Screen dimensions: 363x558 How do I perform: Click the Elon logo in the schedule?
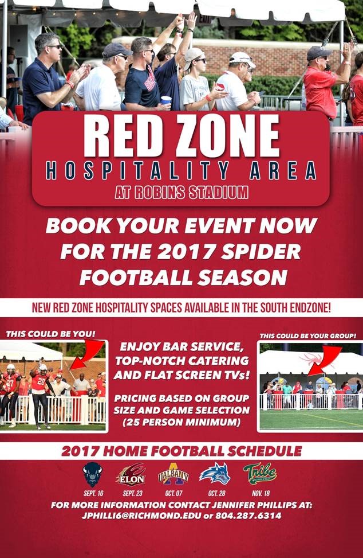[x=131, y=474]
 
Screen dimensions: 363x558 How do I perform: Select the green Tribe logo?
[x=260, y=473]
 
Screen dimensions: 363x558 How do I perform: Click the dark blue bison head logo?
[x=92, y=474]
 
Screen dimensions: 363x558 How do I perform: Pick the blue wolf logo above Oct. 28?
[x=215, y=473]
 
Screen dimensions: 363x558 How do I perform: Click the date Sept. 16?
[x=93, y=493]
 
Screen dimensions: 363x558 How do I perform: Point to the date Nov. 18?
[x=261, y=493]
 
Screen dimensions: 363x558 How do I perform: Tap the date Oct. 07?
[x=173, y=493]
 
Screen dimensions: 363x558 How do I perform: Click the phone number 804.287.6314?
[x=248, y=516]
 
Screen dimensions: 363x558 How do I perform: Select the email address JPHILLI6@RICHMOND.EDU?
[x=141, y=516]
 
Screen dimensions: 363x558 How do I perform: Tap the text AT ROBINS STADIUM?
[x=181, y=193]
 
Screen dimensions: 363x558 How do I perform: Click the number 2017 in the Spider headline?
[x=186, y=252]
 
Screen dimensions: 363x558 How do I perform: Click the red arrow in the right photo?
[x=324, y=360]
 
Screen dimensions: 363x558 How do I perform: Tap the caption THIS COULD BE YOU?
[x=50, y=334]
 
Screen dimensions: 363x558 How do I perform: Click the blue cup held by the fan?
[x=166, y=100]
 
